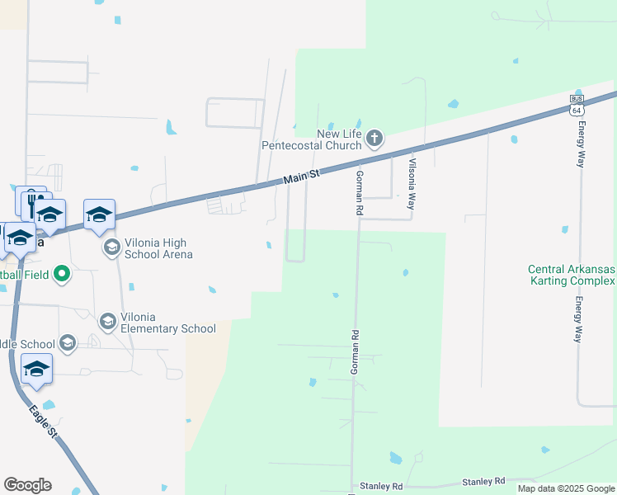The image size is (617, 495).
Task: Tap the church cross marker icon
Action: [374, 138]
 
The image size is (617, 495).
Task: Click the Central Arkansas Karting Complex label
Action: [572, 276]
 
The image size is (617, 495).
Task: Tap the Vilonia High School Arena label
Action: [158, 248]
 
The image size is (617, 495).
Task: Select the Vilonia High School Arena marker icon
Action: [111, 247]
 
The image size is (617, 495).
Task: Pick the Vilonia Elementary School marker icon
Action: [107, 320]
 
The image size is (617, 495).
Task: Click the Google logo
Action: [27, 485]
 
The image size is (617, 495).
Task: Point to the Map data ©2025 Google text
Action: [565, 488]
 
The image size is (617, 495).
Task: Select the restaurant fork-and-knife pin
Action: [32, 200]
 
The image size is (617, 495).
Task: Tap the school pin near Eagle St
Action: [36, 370]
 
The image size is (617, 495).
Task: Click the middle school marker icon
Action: [68, 342]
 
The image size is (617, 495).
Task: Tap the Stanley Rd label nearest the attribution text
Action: [483, 481]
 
